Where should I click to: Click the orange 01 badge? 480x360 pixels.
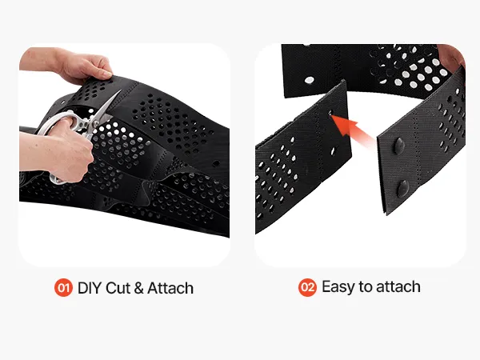point(63,288)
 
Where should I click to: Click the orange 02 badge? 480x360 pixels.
point(307,287)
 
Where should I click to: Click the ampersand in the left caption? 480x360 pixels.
point(138,288)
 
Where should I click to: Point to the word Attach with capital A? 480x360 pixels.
point(170,288)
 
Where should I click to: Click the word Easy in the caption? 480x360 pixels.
point(338,287)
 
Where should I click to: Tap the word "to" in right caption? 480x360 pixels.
point(366,287)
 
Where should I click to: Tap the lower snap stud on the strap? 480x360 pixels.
point(402,188)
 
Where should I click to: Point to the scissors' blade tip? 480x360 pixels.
point(121,90)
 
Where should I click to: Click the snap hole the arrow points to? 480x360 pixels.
point(330,113)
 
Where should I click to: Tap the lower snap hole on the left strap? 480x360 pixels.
point(333,151)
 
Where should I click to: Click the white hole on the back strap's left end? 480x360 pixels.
point(309,81)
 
